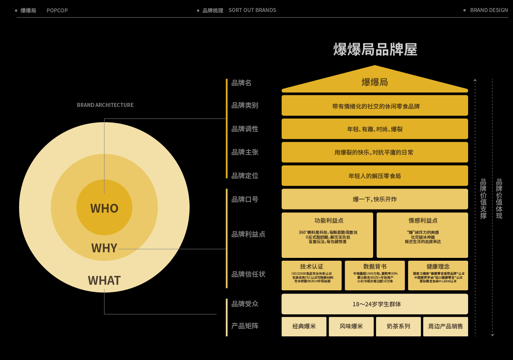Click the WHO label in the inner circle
[104, 208]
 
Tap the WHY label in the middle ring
[104, 248]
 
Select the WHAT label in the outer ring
[104, 280]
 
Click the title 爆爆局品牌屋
[375, 50]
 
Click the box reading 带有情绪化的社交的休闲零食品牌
[375, 106]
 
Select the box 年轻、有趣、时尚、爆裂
[375, 129]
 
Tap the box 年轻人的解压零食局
[375, 176]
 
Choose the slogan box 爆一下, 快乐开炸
[375, 199]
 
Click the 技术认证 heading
[311, 267]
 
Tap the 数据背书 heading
[375, 267]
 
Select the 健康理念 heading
[438, 267]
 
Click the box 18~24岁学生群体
[375, 304]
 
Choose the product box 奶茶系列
[398, 326]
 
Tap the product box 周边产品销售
[445, 326]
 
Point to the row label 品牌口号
[244, 199]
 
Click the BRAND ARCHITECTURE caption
[105, 105]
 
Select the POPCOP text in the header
[57, 10]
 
